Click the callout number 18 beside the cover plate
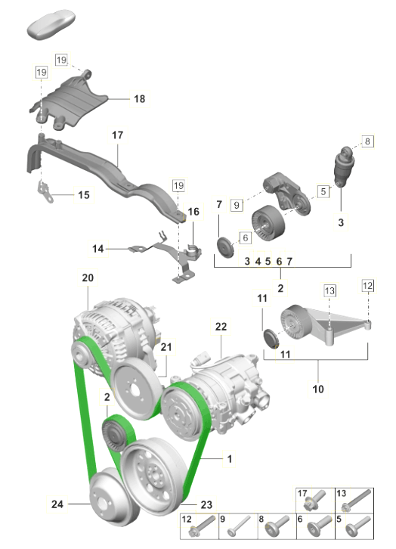(x=139, y=99)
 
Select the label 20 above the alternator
(x=88, y=278)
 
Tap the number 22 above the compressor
(x=221, y=327)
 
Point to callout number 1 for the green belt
(x=230, y=459)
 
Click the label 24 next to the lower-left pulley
(x=57, y=504)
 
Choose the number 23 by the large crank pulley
(x=206, y=504)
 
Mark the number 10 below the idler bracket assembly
(x=318, y=389)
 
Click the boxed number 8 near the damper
(x=367, y=141)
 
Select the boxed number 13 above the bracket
(x=329, y=290)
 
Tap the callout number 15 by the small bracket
(x=84, y=195)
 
